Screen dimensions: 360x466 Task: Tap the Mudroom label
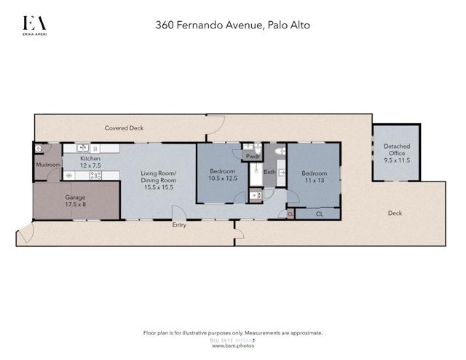click(x=47, y=165)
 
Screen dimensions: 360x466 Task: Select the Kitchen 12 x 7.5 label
click(x=90, y=163)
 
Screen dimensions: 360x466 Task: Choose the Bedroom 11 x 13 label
click(x=315, y=176)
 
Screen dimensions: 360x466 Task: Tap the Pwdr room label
click(x=253, y=157)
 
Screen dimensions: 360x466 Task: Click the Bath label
click(x=269, y=173)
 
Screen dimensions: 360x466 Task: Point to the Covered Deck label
click(x=124, y=128)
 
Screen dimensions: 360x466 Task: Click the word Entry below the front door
click(x=179, y=225)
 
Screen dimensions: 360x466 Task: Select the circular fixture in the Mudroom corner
click(x=39, y=149)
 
